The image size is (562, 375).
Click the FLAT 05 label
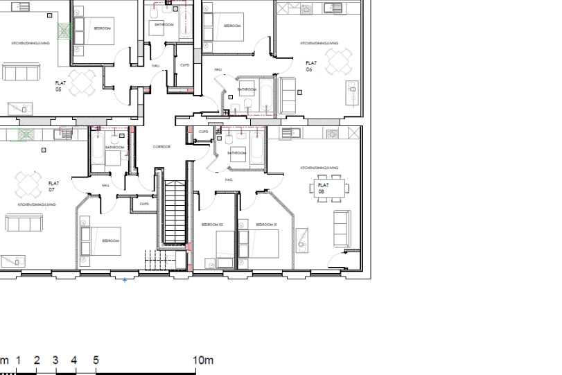pos(59,85)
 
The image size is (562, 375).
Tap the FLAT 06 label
pos(309,66)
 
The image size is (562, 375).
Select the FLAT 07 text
pos(53,186)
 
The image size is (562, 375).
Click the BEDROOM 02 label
pos(211,225)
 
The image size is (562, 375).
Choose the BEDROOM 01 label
pos(266,225)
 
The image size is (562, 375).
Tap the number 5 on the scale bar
pos(96,360)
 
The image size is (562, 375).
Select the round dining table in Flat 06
pos(338,62)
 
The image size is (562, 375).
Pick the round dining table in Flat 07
pos(28,184)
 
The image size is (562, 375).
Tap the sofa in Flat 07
pos(24,223)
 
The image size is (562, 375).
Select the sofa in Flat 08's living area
pos(342,229)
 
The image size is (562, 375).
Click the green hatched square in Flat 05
pos(64,31)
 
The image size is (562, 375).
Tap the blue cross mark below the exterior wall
pos(125,280)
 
